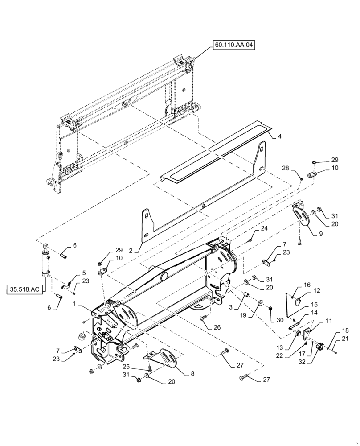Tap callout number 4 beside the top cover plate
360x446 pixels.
[x=279, y=137]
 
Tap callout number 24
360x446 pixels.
[x=264, y=229]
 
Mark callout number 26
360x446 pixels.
[x=217, y=328]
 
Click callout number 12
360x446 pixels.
[x=317, y=291]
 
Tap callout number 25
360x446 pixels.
[x=139, y=366]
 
